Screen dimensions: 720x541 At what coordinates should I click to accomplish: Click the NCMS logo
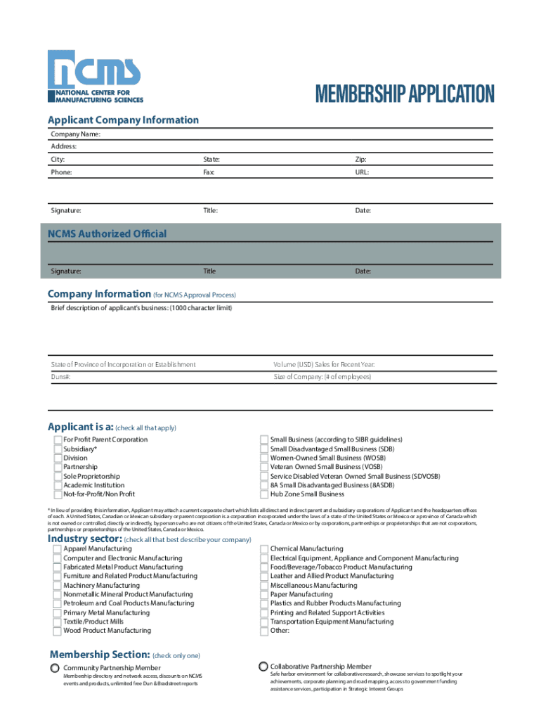coord(96,77)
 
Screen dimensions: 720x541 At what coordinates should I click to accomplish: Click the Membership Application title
coord(405,94)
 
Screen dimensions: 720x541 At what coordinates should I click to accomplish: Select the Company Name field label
coord(75,134)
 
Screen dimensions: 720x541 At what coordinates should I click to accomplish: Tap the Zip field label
coord(360,160)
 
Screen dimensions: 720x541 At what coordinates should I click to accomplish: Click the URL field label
coord(363,172)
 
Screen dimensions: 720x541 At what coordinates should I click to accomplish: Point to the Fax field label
coord(209,172)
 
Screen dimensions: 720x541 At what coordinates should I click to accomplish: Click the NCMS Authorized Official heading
coord(107,233)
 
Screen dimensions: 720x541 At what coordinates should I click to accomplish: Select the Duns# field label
coord(61,377)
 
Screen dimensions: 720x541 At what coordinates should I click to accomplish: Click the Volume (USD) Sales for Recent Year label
coord(324,364)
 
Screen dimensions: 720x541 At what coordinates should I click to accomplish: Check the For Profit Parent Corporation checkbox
coord(57,439)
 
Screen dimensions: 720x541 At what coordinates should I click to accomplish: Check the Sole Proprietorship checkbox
coord(57,476)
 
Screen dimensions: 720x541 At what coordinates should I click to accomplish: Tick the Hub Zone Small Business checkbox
coord(264,494)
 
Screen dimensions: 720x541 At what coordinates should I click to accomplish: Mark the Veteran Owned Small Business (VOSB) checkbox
coord(264,467)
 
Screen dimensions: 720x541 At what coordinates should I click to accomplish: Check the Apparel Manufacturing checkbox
coord(57,548)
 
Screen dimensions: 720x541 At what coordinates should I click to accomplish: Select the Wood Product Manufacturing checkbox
coord(57,631)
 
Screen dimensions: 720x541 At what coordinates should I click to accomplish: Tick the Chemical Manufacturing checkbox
coord(264,548)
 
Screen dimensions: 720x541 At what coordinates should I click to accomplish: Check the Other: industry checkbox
coord(264,631)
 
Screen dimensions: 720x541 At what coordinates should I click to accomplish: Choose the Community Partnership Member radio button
coord(54,667)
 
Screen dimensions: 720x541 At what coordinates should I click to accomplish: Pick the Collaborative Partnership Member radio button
coord(263,666)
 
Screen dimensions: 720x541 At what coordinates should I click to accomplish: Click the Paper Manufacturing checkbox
coord(264,594)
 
